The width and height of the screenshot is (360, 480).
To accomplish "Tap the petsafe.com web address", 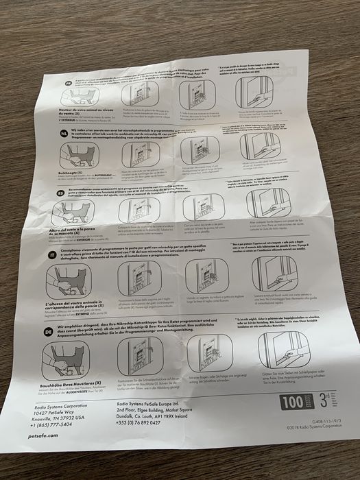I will [44, 435].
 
